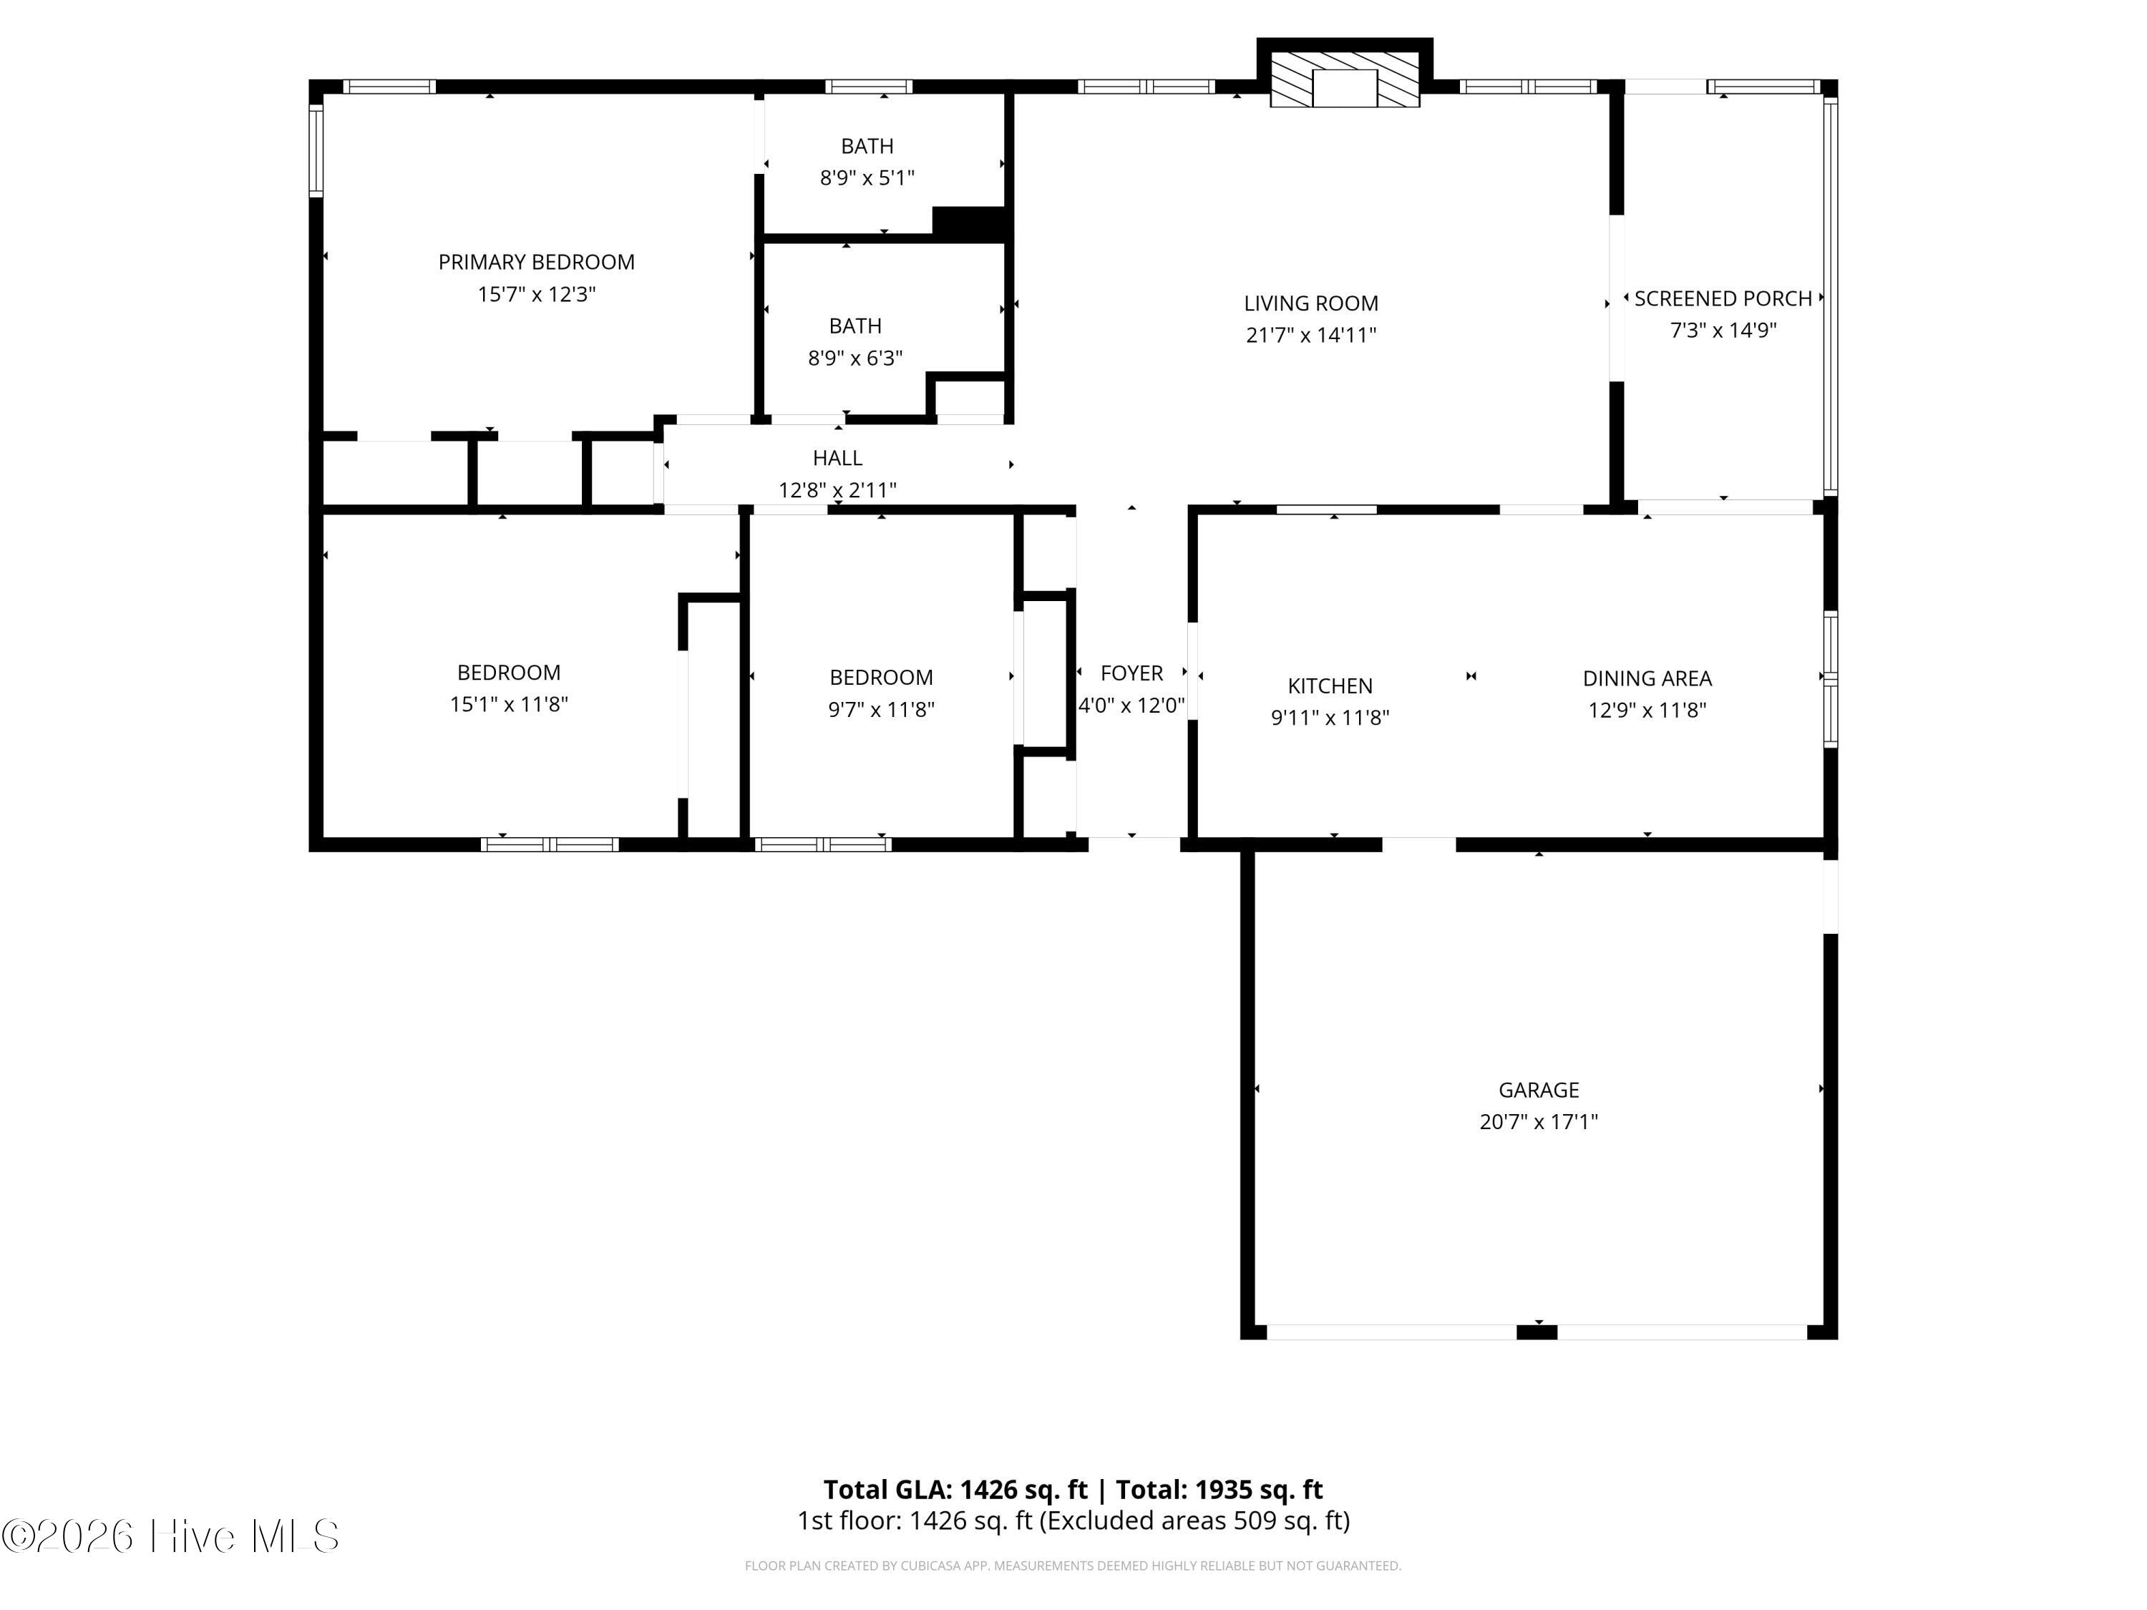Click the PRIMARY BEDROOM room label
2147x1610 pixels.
[x=536, y=262]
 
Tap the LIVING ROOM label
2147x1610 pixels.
[x=1310, y=304]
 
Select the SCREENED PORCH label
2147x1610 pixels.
[x=1723, y=299]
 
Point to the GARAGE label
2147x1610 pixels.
[x=1539, y=1090]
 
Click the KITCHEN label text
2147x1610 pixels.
[x=1330, y=686]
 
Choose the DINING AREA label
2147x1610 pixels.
[x=1647, y=678]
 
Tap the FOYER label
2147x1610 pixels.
[x=1131, y=673]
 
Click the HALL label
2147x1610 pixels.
[x=837, y=458]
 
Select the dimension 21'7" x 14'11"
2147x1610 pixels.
[x=1310, y=336]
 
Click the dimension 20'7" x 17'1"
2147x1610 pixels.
[x=1539, y=1122]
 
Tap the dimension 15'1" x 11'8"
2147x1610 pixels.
[x=509, y=705]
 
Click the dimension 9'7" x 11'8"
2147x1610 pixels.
[x=880, y=709]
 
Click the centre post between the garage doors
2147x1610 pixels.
[x=1537, y=1332]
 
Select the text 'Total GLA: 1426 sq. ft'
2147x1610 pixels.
[x=955, y=1490]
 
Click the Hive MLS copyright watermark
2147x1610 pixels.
[x=171, y=1537]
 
